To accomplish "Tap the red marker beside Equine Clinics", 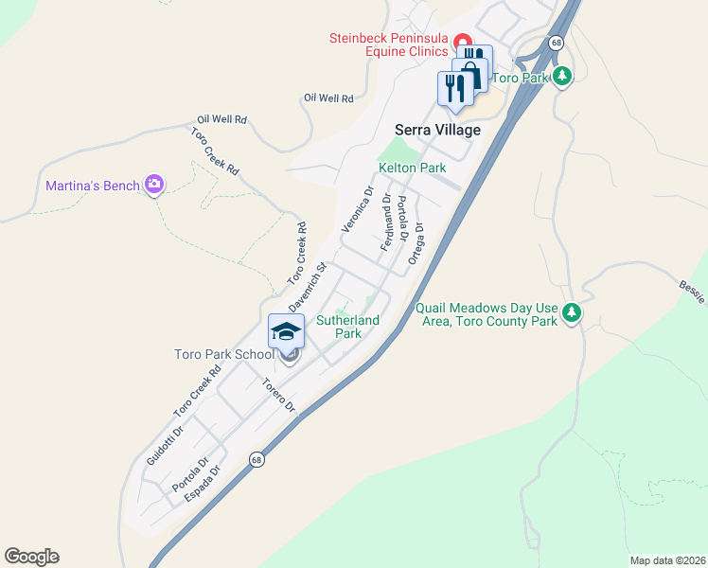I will click(x=463, y=42).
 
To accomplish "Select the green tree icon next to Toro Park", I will click(x=563, y=76).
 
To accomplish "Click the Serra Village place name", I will click(x=437, y=130).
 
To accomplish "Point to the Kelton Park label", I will click(x=412, y=168).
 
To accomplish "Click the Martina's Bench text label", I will click(x=92, y=186).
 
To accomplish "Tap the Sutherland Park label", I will click(x=347, y=327).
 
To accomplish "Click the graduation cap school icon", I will click(x=287, y=332).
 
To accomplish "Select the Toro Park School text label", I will click(x=223, y=355).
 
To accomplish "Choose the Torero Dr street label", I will click(x=279, y=396).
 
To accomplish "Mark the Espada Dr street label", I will click(x=203, y=483).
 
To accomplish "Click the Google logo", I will click(x=31, y=557).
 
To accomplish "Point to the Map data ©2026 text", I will click(x=666, y=560).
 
